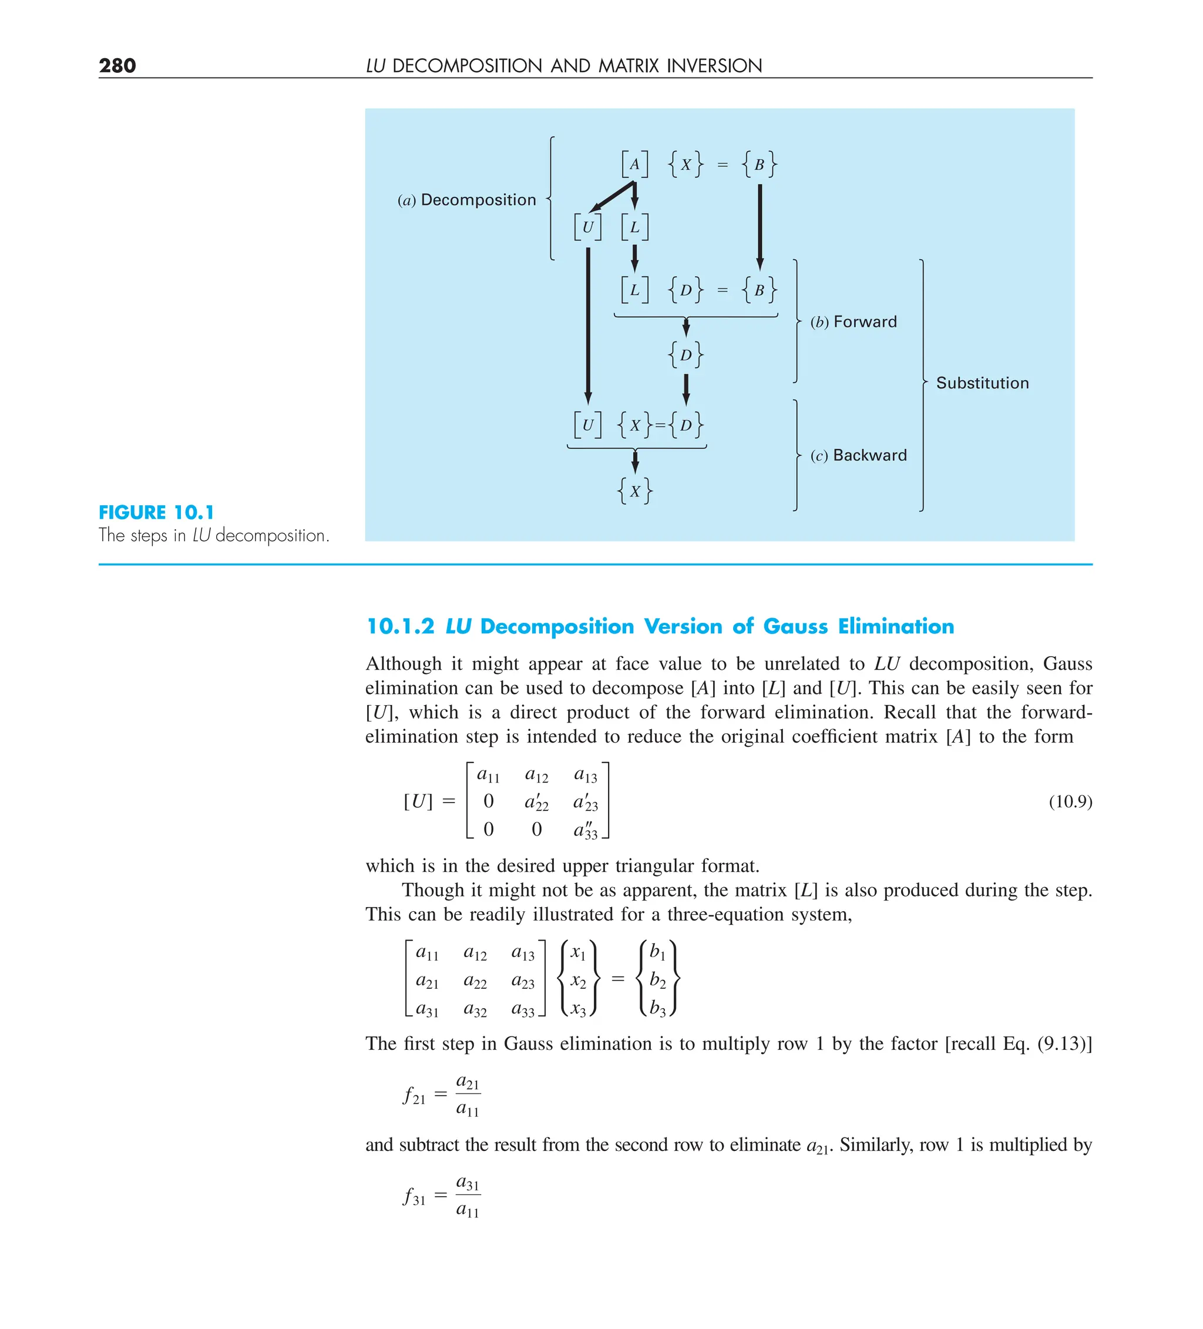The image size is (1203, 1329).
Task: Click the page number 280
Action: click(117, 65)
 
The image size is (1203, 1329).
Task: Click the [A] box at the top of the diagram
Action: click(634, 164)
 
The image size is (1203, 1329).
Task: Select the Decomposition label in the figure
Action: click(478, 200)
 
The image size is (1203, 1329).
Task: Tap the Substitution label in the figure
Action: click(982, 383)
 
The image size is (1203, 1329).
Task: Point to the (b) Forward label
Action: click(853, 322)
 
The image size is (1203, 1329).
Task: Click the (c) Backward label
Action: click(858, 455)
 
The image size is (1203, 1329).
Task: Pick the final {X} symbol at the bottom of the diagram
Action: click(635, 491)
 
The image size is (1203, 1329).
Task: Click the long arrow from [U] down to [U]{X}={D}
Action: click(588, 323)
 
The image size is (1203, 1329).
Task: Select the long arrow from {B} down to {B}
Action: click(760, 224)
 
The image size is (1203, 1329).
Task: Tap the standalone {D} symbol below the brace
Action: click(685, 355)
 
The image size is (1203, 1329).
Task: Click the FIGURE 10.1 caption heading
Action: click(156, 512)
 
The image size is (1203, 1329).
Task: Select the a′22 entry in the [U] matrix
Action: click(536, 803)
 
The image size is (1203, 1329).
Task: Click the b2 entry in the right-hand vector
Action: click(657, 980)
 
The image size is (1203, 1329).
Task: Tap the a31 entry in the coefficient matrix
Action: click(426, 1009)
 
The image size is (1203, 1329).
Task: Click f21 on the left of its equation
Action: click(414, 1096)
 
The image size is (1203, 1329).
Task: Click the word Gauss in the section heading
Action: click(795, 626)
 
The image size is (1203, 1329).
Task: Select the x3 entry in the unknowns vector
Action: click(577, 1009)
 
